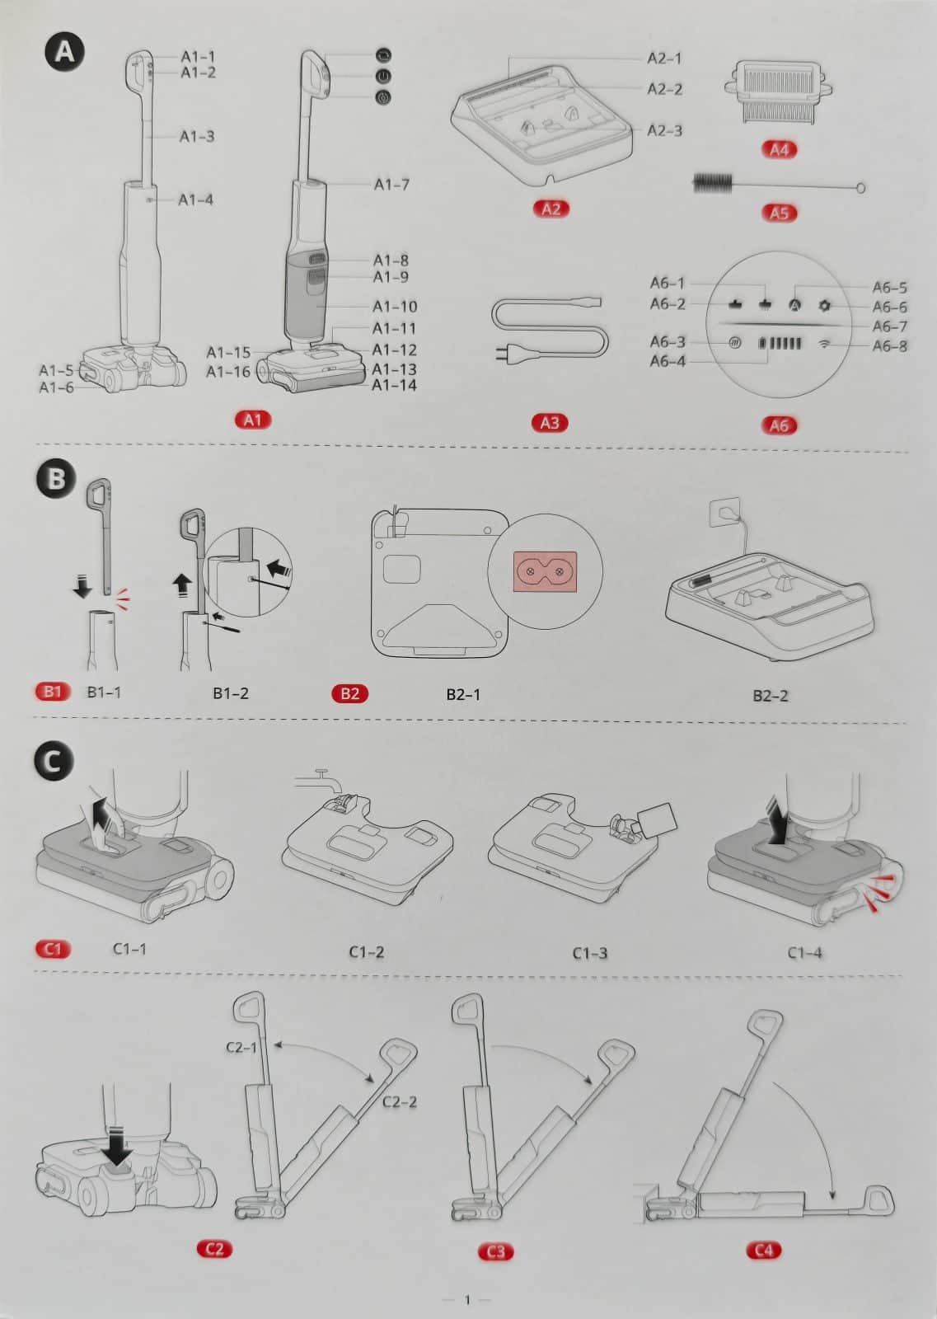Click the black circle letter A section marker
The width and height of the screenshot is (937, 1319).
pos(64,52)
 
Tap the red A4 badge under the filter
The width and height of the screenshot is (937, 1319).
pos(779,149)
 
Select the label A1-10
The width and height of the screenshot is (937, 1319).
pos(395,307)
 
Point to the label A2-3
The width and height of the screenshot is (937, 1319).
pos(664,130)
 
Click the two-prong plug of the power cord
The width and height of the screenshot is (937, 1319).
pos(500,354)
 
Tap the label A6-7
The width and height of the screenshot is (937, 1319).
pos(889,326)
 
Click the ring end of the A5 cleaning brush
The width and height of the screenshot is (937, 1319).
pos(861,188)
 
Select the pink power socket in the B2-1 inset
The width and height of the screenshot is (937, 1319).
pos(543,570)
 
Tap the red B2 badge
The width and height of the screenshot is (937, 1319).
pos(349,692)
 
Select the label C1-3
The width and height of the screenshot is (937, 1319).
pos(590,953)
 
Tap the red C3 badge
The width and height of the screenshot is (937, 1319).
pos(496,1251)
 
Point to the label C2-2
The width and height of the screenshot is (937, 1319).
pos(399,1101)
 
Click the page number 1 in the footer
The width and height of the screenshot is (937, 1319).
pos(467,1300)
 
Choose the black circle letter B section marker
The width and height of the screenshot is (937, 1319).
pos(56,479)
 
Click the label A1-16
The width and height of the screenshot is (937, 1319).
pos(227,372)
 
